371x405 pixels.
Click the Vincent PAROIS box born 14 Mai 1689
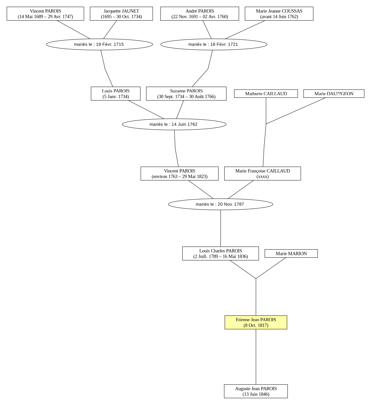45,14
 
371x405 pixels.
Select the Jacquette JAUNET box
121,14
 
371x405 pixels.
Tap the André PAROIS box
200,14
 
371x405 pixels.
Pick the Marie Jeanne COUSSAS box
279,14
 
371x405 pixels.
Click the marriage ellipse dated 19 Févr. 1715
99,44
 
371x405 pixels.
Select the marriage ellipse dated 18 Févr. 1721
214,44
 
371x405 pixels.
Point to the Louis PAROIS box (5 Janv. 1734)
116,94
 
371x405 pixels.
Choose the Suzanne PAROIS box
186,94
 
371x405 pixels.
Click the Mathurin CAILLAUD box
266,94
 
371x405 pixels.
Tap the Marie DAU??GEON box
334,94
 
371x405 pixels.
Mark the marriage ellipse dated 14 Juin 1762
174,124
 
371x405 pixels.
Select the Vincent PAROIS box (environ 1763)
180,173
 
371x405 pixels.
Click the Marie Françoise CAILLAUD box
263,173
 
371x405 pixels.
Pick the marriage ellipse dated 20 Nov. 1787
220,204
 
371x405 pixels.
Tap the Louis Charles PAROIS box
220,254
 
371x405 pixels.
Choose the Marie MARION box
291,254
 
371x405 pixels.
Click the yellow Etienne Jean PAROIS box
256,322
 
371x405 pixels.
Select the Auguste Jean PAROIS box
256,391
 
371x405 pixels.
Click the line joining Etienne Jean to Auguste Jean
256,357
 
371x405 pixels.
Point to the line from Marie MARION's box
271,268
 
